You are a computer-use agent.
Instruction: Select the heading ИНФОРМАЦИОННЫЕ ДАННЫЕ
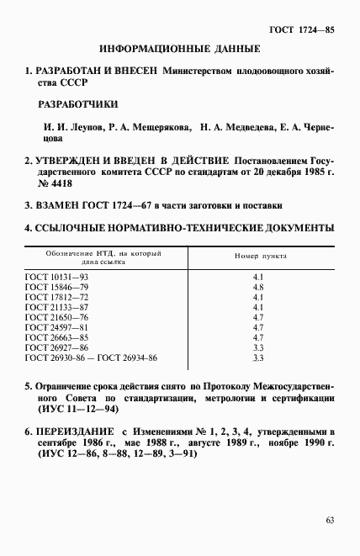tap(180, 50)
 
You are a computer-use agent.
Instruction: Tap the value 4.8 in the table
tap(259, 287)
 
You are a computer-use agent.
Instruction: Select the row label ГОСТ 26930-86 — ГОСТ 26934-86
tap(92, 357)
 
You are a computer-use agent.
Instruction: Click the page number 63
tap(330, 519)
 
